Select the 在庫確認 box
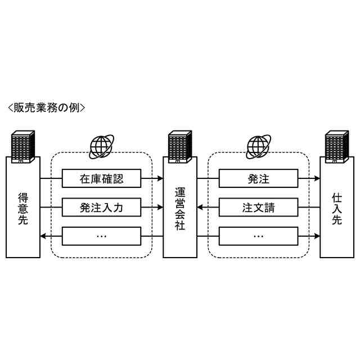click(101, 179)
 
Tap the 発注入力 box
click(101, 208)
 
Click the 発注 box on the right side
click(259, 179)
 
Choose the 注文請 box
click(259, 208)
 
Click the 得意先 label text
click(23, 208)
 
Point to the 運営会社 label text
click(180, 208)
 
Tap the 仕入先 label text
click(337, 208)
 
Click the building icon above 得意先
click(23, 146)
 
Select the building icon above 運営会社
click(180, 146)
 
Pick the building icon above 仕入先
click(337, 146)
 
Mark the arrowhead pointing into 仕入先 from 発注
click(317, 179)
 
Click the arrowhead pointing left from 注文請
click(201, 208)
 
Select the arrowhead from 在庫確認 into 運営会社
click(159, 179)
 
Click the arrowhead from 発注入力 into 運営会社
click(159, 208)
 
